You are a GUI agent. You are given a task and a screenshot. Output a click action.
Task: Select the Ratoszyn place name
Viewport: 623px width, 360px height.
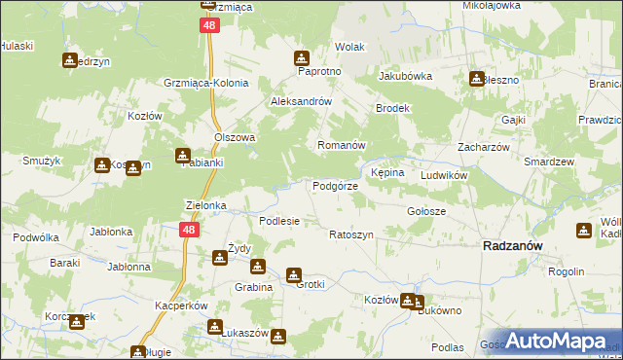(351, 235)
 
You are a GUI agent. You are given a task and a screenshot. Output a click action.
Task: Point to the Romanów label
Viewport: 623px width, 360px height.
(341, 145)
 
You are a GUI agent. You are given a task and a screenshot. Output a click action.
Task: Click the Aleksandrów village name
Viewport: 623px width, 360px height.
(302, 101)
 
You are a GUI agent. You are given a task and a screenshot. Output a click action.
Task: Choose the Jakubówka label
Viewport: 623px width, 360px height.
(405, 75)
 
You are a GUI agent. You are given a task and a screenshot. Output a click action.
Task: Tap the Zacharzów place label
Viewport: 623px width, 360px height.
(479, 147)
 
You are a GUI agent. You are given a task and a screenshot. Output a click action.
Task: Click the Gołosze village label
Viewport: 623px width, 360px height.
(425, 211)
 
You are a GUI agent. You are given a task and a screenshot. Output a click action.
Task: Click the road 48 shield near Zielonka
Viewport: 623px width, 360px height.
(189, 230)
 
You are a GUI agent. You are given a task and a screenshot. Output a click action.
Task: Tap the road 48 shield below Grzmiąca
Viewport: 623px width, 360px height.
(209, 26)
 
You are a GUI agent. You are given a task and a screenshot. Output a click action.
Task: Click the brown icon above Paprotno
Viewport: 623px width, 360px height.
(302, 57)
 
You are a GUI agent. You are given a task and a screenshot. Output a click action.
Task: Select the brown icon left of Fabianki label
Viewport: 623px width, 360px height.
(182, 156)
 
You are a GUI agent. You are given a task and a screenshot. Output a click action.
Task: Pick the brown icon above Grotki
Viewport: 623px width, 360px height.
(293, 275)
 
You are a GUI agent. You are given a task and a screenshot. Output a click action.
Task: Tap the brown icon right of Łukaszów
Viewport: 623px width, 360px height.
(279, 338)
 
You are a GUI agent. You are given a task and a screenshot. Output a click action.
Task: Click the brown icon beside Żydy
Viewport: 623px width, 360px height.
(220, 257)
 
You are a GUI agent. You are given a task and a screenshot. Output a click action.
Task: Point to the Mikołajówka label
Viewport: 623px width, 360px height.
(492, 5)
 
